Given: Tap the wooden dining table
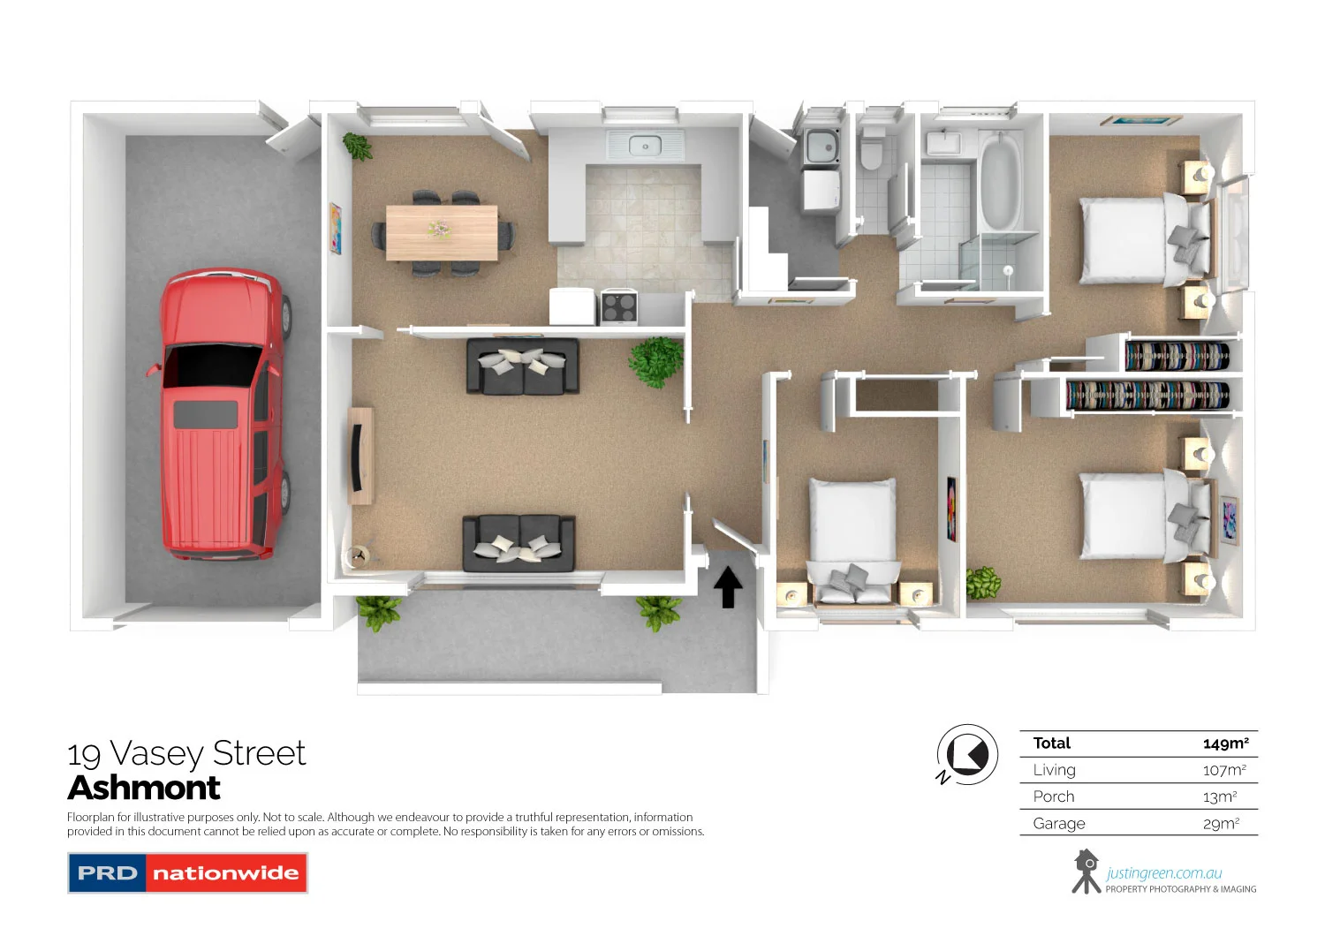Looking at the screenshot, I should pyautogui.click(x=442, y=232).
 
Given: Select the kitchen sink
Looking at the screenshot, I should pyautogui.click(x=645, y=145).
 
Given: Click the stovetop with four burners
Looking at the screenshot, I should pyautogui.click(x=619, y=307).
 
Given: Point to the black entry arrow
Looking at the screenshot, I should pyautogui.click(x=728, y=587).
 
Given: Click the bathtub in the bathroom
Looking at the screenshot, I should pyautogui.click(x=1000, y=183).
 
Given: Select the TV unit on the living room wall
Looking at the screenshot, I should pyautogui.click(x=360, y=456).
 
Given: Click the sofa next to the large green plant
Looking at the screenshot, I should pyautogui.click(x=523, y=366).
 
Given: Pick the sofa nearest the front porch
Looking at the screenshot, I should pyautogui.click(x=519, y=543).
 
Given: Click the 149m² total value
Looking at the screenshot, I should pyautogui.click(x=1225, y=744).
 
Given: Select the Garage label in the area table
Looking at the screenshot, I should pyautogui.click(x=1058, y=824).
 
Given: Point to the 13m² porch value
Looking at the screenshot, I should pyautogui.click(x=1220, y=797).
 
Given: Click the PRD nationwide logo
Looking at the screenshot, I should pyautogui.click(x=187, y=873).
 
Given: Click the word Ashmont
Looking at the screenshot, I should pyautogui.click(x=144, y=788).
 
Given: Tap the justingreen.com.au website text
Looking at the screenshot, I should pyautogui.click(x=1164, y=873).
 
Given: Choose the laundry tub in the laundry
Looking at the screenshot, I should pyautogui.click(x=822, y=147).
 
